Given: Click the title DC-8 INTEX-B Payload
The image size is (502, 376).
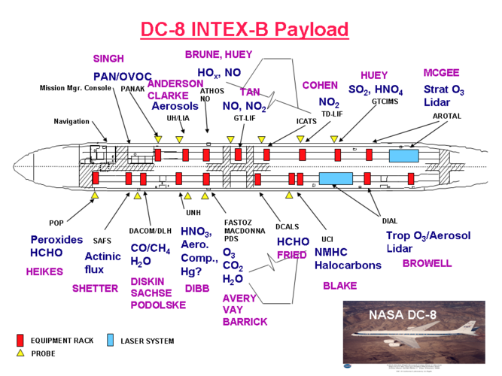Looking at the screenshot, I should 245,29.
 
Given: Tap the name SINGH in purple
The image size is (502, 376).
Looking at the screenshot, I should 108,59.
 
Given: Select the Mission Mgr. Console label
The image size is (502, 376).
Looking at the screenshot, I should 75,88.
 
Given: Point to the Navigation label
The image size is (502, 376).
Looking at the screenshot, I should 71,121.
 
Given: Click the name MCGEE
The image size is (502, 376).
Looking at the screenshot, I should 442,73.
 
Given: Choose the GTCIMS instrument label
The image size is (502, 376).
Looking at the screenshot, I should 385,101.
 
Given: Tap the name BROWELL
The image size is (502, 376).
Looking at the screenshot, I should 427,263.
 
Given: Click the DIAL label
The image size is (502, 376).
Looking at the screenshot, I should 390,220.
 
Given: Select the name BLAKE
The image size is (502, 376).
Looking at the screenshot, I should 339,286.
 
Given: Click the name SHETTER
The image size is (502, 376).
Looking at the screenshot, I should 95,288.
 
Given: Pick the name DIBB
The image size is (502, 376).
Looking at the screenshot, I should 197,288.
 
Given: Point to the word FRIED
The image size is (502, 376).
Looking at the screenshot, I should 291,255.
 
